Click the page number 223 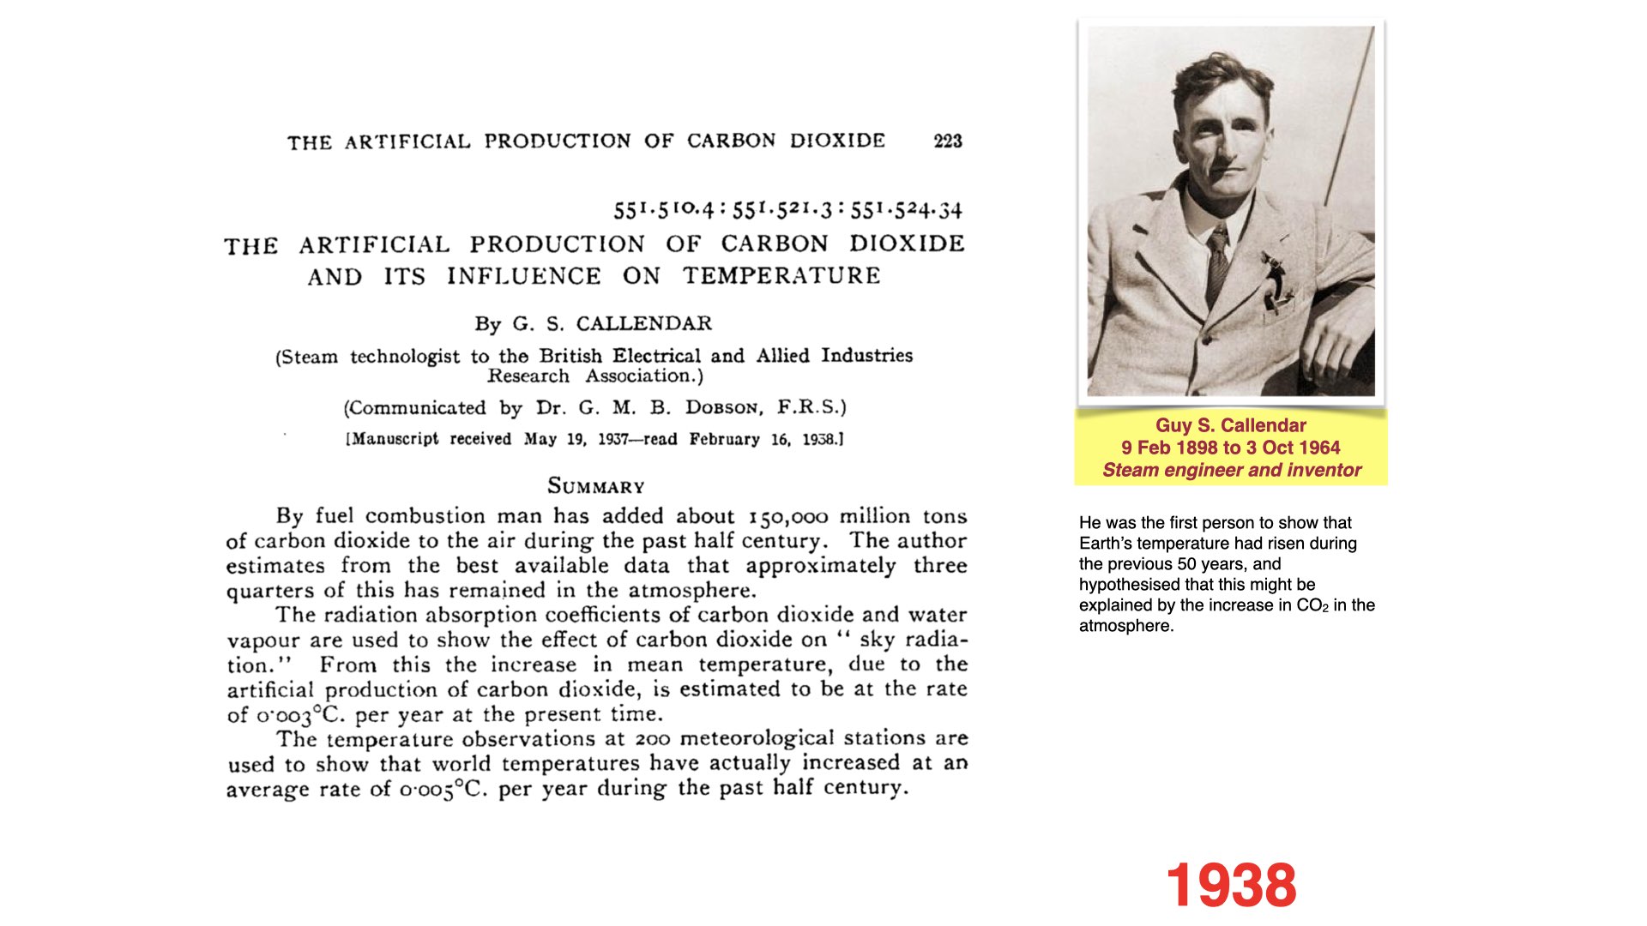[x=947, y=141]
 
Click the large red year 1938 [x=1230, y=885]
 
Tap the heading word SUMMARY [x=596, y=486]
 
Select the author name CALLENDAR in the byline [x=643, y=324]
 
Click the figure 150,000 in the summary [x=788, y=517]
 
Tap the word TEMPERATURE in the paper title [x=781, y=276]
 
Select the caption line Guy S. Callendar [x=1230, y=425]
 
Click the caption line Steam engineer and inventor [x=1232, y=470]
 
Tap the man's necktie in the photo [x=1216, y=266]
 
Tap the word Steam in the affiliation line [x=311, y=357]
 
